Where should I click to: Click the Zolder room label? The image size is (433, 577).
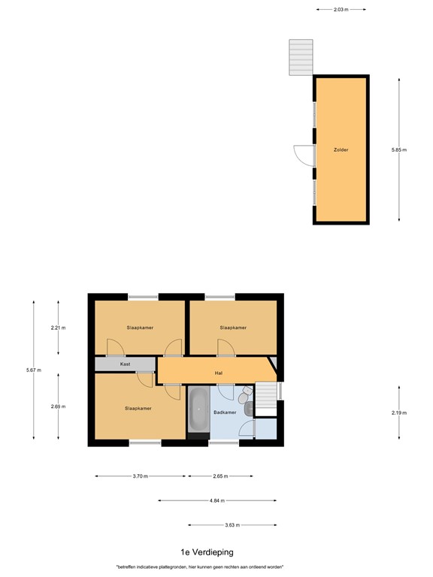click(341, 150)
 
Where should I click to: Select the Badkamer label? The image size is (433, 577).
click(226, 412)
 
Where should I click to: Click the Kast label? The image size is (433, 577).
click(125, 364)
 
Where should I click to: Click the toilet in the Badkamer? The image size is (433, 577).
click(245, 397)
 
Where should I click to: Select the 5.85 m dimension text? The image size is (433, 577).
click(398, 150)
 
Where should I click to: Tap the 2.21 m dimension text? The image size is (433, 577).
click(59, 328)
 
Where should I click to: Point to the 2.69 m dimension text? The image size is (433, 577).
click(59, 406)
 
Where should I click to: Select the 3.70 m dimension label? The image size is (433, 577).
click(140, 476)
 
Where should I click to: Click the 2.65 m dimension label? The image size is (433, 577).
click(220, 476)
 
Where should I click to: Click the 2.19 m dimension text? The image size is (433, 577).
click(398, 412)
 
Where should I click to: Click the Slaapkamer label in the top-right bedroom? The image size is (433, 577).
click(233, 328)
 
